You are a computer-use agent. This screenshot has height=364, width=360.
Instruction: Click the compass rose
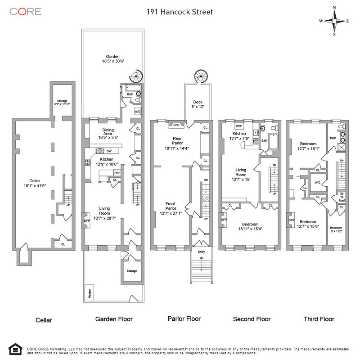(x=334, y=21)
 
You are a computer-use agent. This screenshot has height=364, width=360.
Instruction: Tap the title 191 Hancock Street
(x=180, y=12)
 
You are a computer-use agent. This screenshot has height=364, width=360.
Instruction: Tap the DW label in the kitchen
(x=109, y=151)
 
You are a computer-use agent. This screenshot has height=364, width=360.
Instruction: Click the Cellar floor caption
(x=44, y=320)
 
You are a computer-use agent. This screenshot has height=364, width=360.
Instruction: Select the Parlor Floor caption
(x=184, y=319)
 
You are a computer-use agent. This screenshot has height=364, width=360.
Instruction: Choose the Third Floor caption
(x=319, y=319)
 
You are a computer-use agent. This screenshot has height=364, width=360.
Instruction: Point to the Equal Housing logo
(x=15, y=350)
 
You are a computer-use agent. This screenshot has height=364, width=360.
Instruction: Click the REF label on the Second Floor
(x=239, y=126)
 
